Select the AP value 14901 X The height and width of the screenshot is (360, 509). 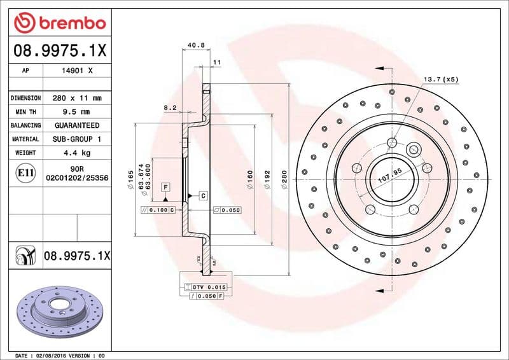coord(77,71)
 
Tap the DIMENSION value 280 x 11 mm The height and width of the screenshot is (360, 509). coord(77,99)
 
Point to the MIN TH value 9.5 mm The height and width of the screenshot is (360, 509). coord(77,112)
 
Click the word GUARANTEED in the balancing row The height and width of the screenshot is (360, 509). coord(77,125)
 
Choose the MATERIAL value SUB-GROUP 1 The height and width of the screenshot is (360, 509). coord(77,139)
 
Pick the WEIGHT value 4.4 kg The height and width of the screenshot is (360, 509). coord(77,153)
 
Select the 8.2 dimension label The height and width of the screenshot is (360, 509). coord(169,108)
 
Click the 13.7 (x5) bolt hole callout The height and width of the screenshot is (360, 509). coord(441,80)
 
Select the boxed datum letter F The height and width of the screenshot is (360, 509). coord(165,187)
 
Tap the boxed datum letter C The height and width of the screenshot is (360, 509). coord(202,195)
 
